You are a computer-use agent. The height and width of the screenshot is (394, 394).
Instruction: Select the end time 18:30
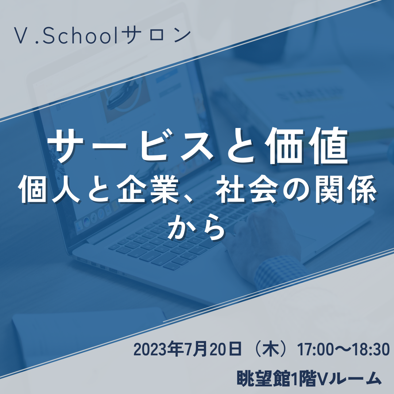[371, 349]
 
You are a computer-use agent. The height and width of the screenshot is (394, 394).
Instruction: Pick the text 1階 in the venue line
[301, 378]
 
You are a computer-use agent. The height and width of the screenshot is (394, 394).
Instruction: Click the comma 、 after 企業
[187, 198]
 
